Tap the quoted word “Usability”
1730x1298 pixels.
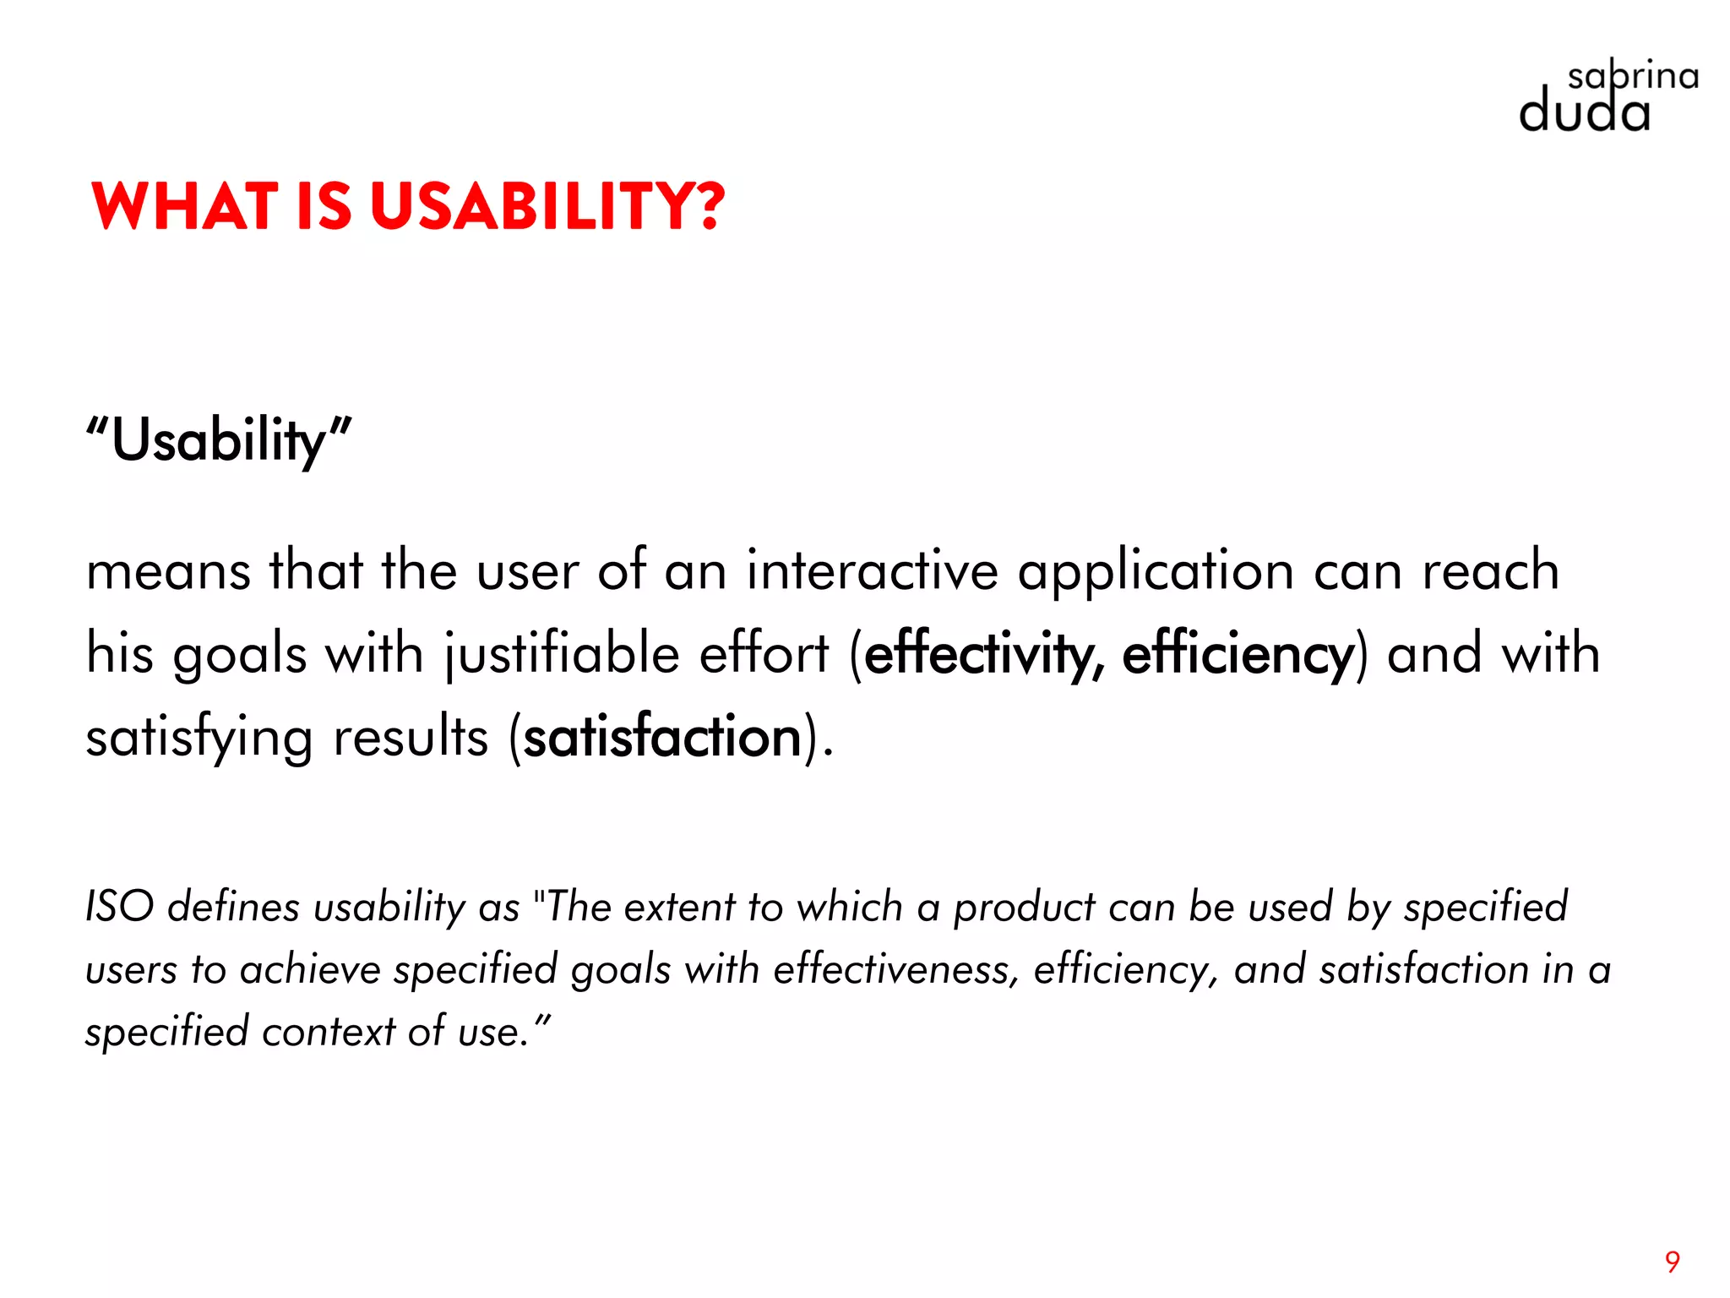219,440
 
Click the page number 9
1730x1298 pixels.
1672,1262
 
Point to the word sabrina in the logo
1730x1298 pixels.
1633,77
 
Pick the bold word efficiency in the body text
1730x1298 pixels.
1238,654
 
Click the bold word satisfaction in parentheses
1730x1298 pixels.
662,737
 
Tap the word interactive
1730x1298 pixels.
873,570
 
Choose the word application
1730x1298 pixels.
1156,572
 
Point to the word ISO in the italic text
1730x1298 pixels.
120,907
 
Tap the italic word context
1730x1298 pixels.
329,1032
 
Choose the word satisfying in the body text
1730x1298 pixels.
199,738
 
